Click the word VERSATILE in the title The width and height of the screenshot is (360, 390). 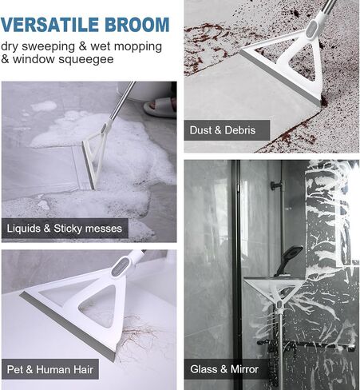point(49,25)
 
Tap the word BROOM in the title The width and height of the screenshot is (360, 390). point(137,25)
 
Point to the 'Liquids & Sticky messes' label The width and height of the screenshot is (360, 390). point(65,229)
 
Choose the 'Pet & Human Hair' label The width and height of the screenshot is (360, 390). point(50,369)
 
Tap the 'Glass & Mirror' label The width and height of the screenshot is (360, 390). point(224,369)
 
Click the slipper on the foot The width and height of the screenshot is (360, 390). point(160,106)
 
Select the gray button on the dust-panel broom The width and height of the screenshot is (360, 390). point(312,29)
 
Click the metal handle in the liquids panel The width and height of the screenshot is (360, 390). point(122,101)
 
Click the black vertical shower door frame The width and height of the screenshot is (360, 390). point(236,274)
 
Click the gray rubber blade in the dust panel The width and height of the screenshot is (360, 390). point(280,78)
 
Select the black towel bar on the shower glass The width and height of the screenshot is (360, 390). point(306,344)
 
